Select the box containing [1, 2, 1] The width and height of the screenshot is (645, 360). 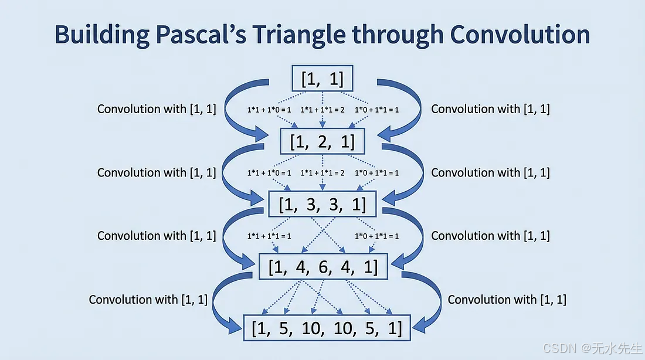pos(322,141)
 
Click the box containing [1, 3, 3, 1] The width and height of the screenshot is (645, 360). pos(322,205)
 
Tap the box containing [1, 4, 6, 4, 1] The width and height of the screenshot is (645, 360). pos(322,267)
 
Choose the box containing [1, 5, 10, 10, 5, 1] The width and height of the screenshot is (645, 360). pos(327,328)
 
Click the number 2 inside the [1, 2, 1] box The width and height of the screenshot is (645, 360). pos(322,141)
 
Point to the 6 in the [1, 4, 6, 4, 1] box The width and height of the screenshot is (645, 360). pos(322,267)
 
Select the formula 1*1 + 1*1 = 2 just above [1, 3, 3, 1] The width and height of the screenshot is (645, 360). pos(322,173)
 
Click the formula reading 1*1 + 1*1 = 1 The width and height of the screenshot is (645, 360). pos(269,236)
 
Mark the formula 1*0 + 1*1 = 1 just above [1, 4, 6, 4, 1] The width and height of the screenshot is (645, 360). pos(376,236)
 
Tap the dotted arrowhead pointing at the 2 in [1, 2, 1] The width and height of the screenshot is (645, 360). pos(322,124)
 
